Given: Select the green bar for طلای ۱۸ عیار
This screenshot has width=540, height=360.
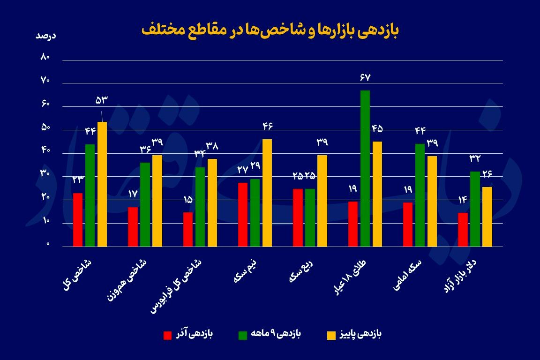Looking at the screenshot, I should click(x=365, y=168).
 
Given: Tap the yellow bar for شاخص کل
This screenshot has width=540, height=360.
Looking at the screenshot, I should click(x=102, y=184).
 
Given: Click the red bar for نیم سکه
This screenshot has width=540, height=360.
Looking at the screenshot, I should click(x=243, y=214).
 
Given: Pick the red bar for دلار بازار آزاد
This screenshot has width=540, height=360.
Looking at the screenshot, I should click(x=463, y=229).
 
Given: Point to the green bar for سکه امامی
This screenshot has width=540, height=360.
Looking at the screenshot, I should click(x=420, y=195).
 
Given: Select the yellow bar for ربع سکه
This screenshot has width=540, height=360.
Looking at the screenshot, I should click(x=322, y=200).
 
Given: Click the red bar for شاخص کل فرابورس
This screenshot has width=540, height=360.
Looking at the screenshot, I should click(x=188, y=229).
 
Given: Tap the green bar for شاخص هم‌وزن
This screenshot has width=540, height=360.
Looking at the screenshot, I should click(x=145, y=204).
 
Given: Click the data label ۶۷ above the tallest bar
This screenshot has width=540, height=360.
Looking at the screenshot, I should click(x=365, y=77).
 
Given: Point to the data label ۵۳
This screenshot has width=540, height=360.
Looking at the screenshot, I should click(x=102, y=100).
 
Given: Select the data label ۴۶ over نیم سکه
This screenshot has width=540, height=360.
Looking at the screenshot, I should click(x=267, y=126).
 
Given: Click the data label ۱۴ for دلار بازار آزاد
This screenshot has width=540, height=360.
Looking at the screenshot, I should click(x=463, y=201).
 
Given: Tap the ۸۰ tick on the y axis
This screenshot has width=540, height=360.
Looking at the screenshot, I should click(x=45, y=58).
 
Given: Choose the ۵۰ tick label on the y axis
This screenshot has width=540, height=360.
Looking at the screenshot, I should click(x=45, y=128).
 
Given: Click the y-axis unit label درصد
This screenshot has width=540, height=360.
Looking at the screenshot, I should click(x=46, y=36).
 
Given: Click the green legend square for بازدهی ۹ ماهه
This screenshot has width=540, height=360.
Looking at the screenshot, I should click(x=243, y=335).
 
